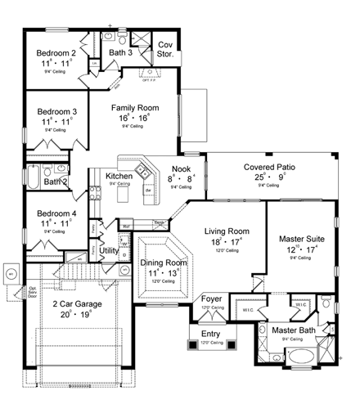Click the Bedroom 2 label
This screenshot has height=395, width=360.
click(56, 52)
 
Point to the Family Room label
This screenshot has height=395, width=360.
click(135, 107)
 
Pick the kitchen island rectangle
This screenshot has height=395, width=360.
click(149, 195)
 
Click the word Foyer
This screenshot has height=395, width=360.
click(212, 299)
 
